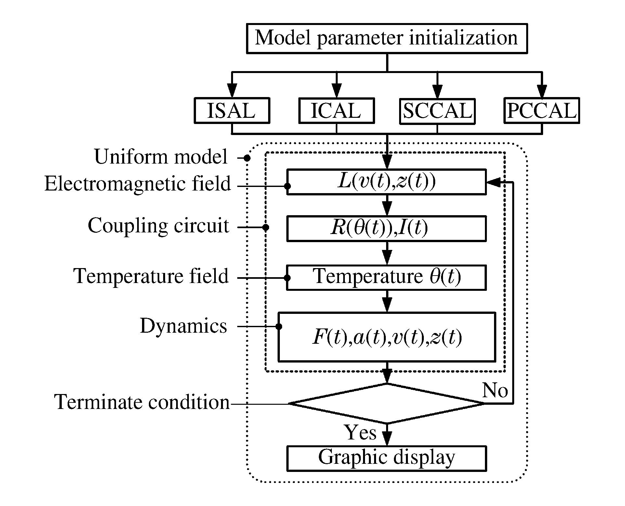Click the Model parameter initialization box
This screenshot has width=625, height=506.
(386, 38)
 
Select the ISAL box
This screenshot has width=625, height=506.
(232, 111)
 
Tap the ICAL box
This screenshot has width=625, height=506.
(336, 111)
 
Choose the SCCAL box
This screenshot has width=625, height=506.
(437, 111)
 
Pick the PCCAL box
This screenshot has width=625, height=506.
(541, 111)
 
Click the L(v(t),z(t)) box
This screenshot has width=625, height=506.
(386, 182)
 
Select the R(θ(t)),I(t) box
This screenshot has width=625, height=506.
(386, 228)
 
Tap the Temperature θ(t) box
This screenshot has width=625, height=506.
(386, 277)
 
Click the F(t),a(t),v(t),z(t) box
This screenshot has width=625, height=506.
(386, 337)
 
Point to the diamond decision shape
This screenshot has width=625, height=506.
(386, 403)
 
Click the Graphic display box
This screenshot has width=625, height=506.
(386, 458)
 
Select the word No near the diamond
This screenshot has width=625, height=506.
(495, 390)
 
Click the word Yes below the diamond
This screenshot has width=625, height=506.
(360, 433)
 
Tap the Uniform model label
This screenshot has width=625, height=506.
(161, 157)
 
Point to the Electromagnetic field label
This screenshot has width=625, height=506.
(137, 184)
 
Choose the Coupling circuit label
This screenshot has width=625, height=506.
(158, 226)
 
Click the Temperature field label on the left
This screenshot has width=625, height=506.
(151, 276)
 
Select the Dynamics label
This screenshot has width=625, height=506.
(183, 326)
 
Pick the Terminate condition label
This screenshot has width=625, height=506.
(142, 402)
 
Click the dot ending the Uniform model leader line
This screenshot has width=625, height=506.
(247, 158)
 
